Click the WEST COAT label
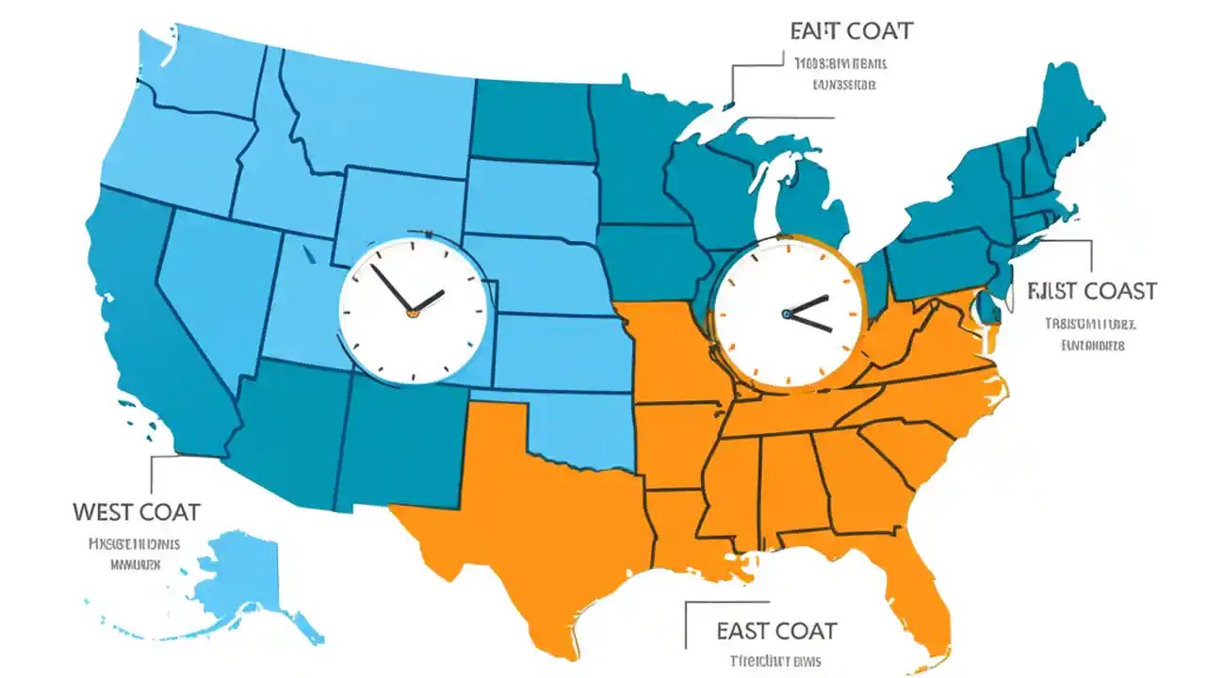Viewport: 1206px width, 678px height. [137, 512]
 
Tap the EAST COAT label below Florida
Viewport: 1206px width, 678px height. [776, 630]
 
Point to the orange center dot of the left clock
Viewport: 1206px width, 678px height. [412, 313]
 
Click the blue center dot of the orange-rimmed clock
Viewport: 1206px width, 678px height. [785, 314]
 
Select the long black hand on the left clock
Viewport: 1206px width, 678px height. [390, 287]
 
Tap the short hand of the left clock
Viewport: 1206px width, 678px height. [429, 301]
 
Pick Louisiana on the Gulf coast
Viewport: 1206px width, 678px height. [678, 527]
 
